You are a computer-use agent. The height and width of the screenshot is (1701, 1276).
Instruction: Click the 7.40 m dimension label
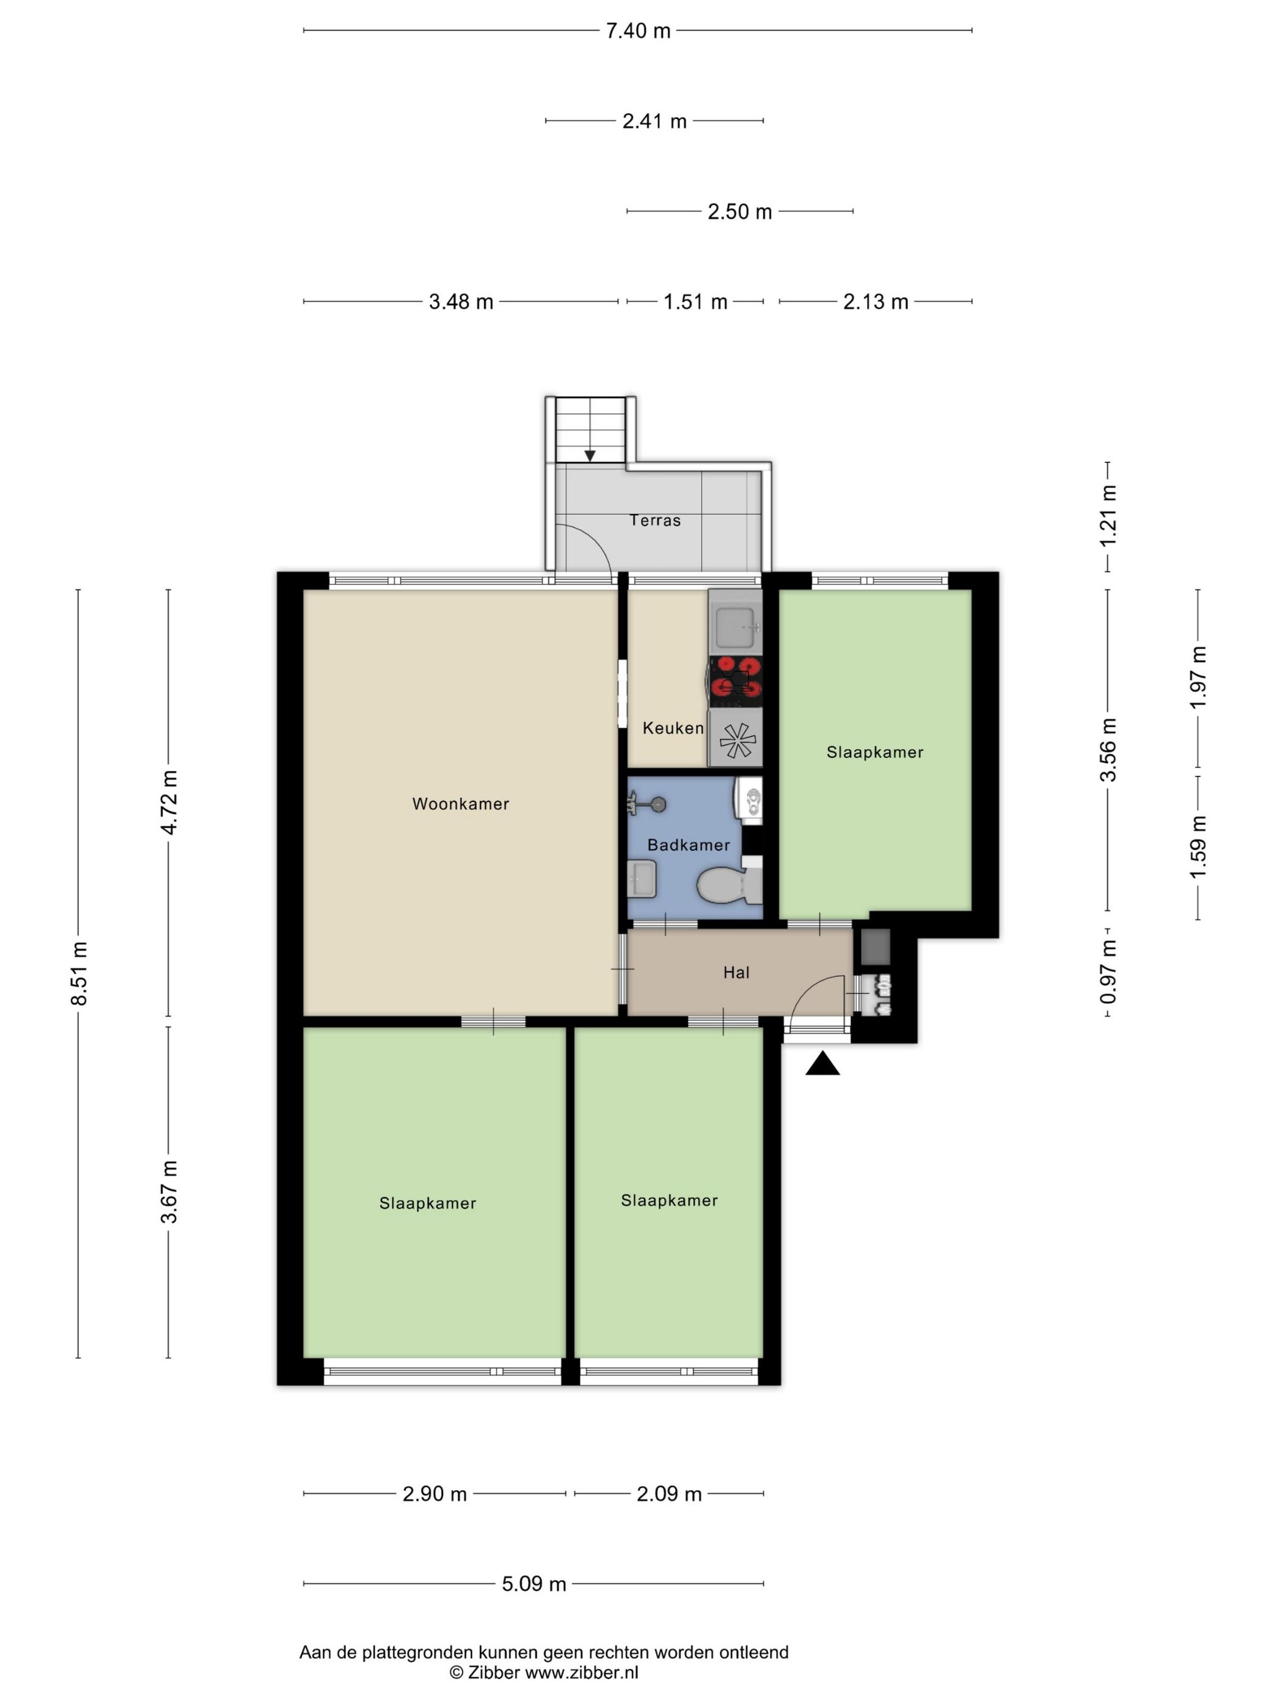pyautogui.click(x=637, y=31)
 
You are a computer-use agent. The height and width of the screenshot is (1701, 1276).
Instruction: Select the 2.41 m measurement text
pyautogui.click(x=654, y=121)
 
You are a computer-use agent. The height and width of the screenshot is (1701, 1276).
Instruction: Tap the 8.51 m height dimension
pyautogui.click(x=79, y=972)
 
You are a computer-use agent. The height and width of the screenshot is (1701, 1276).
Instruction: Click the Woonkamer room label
pyautogui.click(x=461, y=804)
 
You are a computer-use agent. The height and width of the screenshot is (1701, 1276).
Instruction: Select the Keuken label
pyautogui.click(x=673, y=727)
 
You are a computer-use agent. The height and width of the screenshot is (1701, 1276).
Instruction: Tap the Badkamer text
pyautogui.click(x=688, y=845)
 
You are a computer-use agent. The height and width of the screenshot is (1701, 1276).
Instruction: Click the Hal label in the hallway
pyautogui.click(x=736, y=973)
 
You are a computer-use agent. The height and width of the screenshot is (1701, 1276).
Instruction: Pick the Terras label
pyautogui.click(x=655, y=521)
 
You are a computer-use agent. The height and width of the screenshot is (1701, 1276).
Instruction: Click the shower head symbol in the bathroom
pyautogui.click(x=651, y=804)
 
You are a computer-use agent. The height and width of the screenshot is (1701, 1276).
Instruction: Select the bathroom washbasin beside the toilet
pyautogui.click(x=642, y=879)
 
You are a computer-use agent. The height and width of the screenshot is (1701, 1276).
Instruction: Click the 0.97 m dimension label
pyautogui.click(x=1108, y=972)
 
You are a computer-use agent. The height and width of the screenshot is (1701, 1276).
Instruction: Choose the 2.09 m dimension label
pyautogui.click(x=669, y=1493)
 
